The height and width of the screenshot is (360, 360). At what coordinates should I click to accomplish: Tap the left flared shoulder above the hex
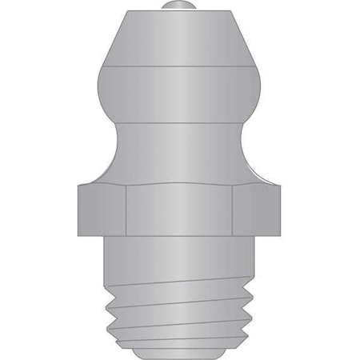click(x=101, y=171)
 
